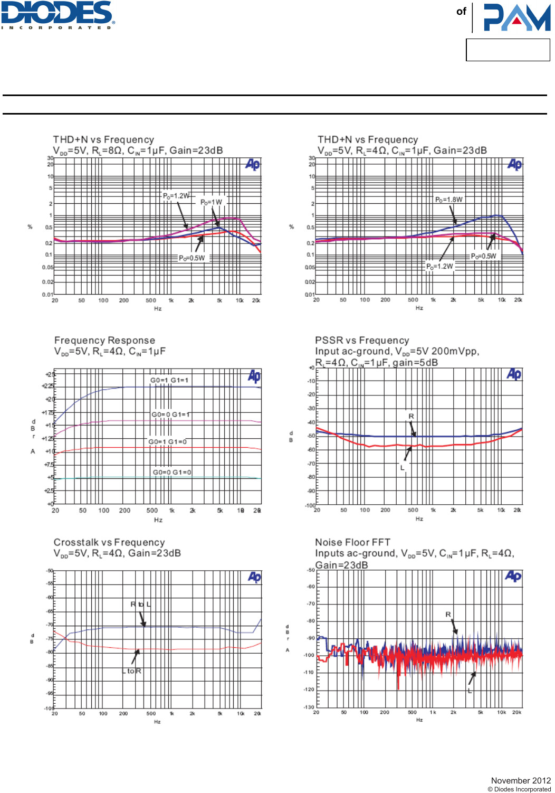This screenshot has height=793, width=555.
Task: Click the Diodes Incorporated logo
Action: tap(58, 15)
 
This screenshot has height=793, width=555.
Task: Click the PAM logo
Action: tap(516, 17)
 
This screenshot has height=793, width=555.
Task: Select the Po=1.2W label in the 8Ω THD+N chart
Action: tap(176, 196)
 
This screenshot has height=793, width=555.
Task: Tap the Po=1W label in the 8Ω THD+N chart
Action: tap(211, 202)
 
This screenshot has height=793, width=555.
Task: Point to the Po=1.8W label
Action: tap(448, 200)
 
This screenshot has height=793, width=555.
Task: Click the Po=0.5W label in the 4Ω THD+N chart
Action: tap(483, 256)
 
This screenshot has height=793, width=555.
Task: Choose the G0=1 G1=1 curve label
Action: tap(169, 380)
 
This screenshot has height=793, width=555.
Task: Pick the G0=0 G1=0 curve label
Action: tap(172, 472)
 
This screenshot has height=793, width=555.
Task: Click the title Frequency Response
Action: tap(104, 341)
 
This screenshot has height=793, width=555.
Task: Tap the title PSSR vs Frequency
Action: tap(362, 341)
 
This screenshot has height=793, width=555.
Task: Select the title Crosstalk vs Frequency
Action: tap(109, 542)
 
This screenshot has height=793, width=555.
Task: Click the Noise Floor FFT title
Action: tap(352, 542)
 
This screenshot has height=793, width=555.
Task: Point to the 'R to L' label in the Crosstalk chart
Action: tap(141, 604)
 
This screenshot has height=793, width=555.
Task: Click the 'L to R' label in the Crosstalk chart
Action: tap(132, 671)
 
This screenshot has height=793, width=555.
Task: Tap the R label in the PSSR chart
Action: tap(412, 417)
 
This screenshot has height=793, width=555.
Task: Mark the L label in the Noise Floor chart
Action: tap(470, 691)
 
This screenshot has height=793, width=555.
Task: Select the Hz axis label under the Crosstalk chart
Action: tap(157, 722)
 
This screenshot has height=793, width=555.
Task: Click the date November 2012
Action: tap(521, 780)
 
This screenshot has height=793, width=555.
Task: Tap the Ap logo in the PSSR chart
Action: tap(514, 374)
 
